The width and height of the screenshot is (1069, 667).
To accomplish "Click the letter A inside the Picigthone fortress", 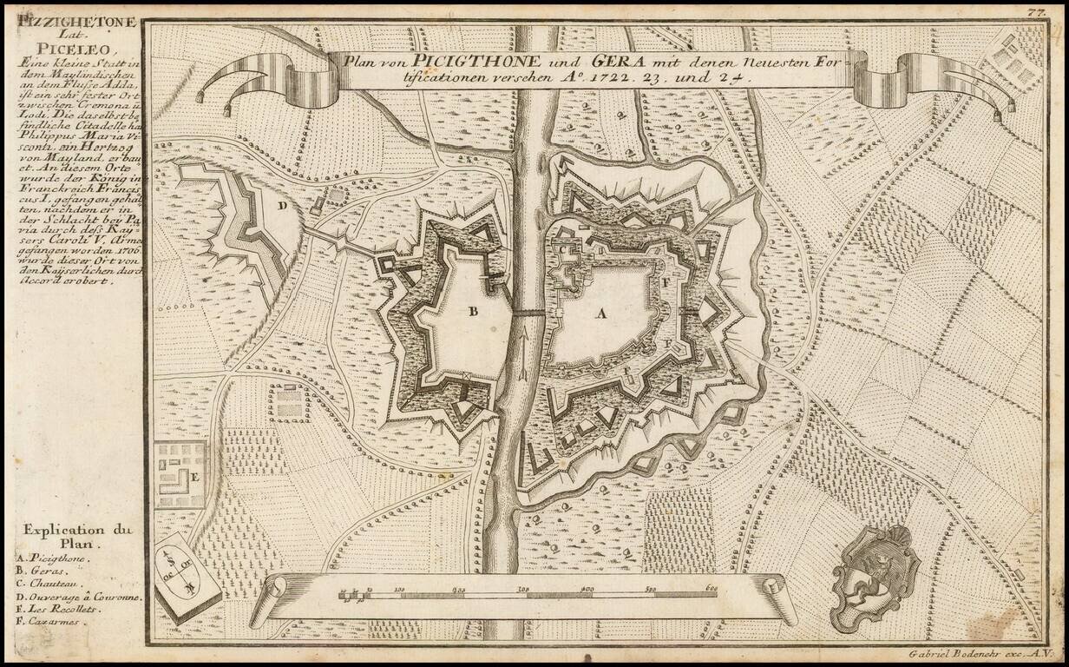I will (600, 314).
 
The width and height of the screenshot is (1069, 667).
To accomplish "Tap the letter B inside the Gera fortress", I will (474, 312).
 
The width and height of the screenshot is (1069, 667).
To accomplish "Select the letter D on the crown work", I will (282, 206).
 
